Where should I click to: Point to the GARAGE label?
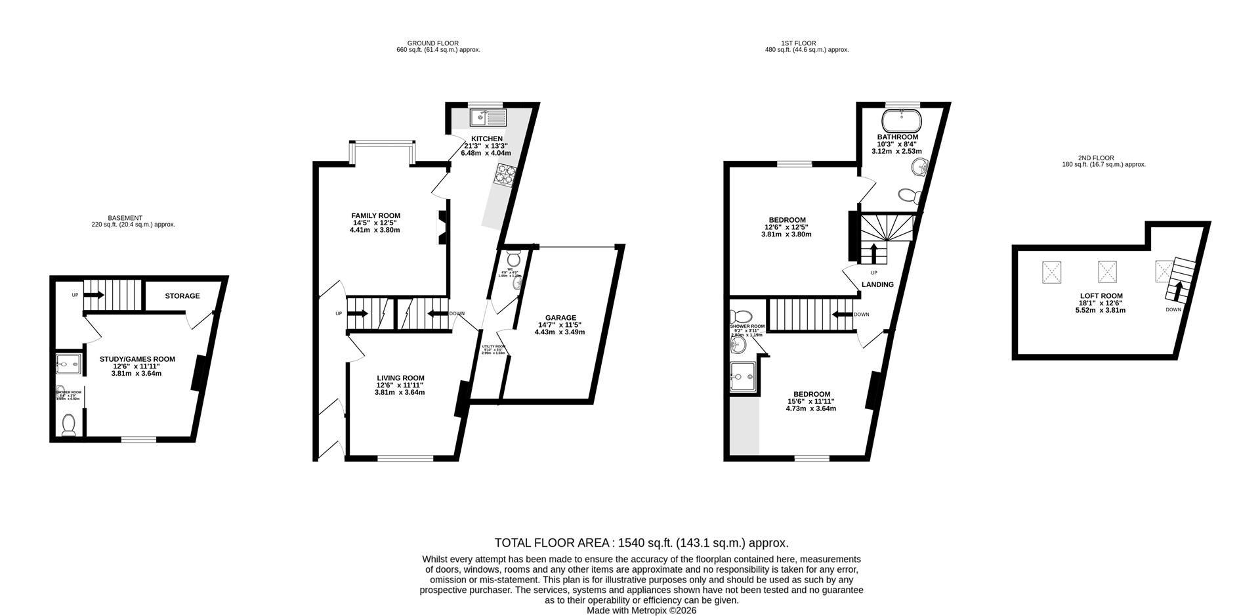pyautogui.click(x=559, y=318)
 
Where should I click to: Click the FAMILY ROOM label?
pyautogui.click(x=375, y=215)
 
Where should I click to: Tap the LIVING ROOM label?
pyautogui.click(x=400, y=378)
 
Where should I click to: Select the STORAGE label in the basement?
pyautogui.click(x=182, y=296)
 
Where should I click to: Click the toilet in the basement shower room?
pyautogui.click(x=68, y=426)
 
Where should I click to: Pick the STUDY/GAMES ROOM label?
pyautogui.click(x=137, y=359)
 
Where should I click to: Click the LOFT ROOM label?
pyautogui.click(x=1104, y=296)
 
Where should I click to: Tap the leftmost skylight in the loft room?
pyautogui.click(x=1051, y=271)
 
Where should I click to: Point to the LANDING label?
pyautogui.click(x=877, y=284)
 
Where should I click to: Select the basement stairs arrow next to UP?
pyautogui.click(x=94, y=295)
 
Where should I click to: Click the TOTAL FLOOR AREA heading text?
pyautogui.click(x=640, y=543)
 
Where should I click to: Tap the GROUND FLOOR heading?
pyautogui.click(x=432, y=43)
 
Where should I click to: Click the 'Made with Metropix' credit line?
pyautogui.click(x=641, y=610)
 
